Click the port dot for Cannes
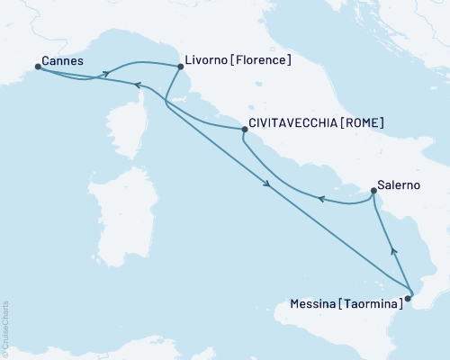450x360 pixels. (38, 66)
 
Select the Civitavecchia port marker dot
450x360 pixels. (245, 130)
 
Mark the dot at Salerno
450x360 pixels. (373, 191)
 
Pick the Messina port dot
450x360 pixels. (409, 296)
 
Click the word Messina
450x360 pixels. (315, 305)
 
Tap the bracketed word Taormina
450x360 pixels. (371, 305)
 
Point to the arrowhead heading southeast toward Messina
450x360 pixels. (267, 185)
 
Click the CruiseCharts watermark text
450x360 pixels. (5, 329)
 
